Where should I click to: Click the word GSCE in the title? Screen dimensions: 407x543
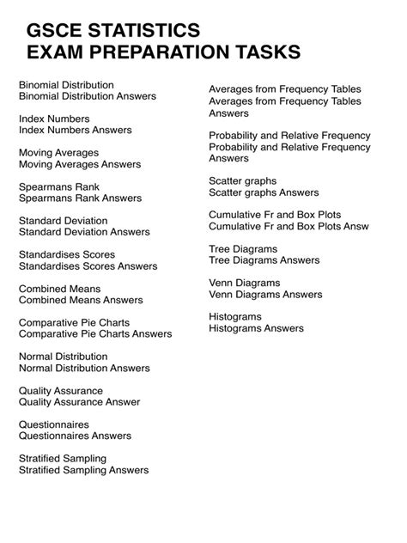[x=56, y=32]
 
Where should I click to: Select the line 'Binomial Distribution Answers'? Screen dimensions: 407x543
[x=88, y=96]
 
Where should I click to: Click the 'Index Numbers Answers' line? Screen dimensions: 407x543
[x=76, y=130]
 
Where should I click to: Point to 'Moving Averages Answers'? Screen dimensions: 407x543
[x=80, y=163]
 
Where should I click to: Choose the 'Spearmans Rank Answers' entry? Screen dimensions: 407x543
[x=80, y=198]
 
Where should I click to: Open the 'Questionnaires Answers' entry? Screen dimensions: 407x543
[x=81, y=436]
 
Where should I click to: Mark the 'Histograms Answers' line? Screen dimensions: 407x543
[x=256, y=328]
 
